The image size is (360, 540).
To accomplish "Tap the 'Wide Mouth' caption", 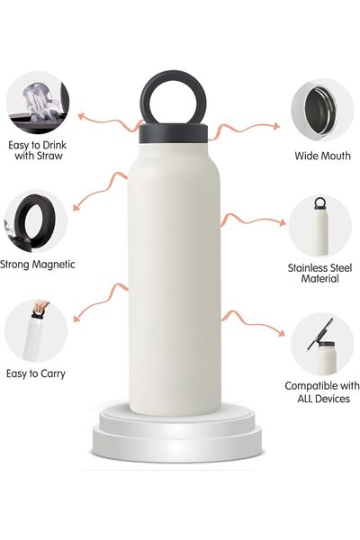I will (322, 156).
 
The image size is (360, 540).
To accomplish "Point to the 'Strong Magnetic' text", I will (38, 265).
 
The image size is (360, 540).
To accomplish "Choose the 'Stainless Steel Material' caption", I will (319, 273).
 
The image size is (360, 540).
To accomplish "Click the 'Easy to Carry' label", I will (35, 373).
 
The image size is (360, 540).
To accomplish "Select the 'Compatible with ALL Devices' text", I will (321, 391).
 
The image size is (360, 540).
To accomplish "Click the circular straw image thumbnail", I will (37, 103).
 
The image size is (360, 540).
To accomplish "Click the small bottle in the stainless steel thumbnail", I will (319, 225).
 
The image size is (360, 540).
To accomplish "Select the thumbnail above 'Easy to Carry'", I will (36, 331).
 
